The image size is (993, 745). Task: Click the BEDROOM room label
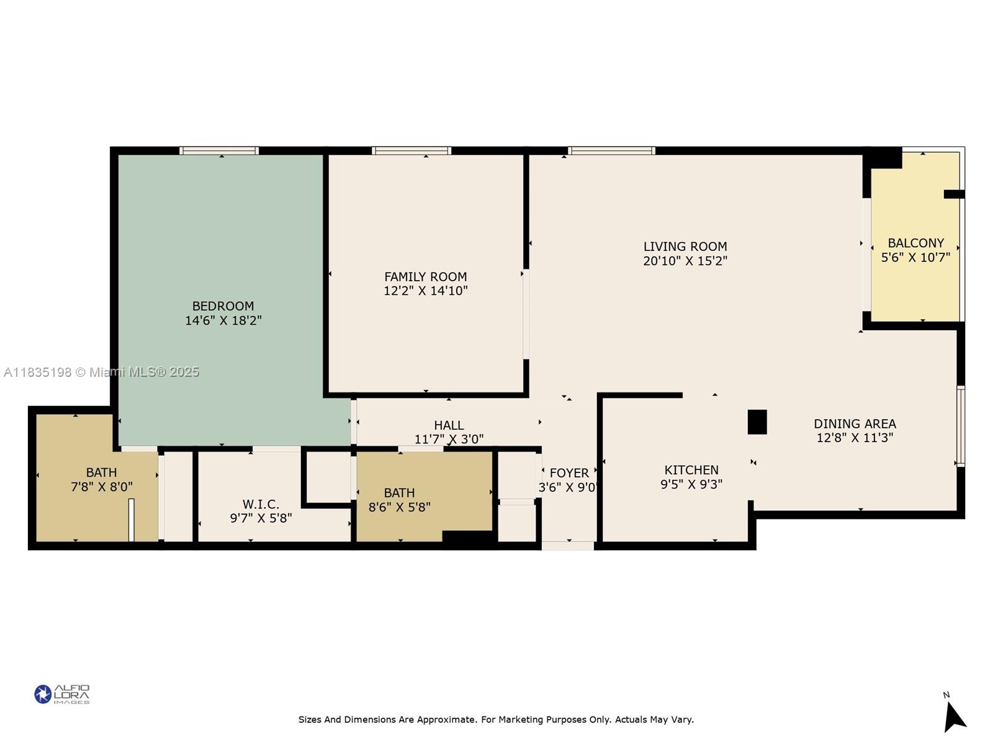click(x=223, y=306)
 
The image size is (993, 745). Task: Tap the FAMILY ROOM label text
click(x=425, y=277)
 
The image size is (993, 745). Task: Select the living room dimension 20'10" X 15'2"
click(x=685, y=261)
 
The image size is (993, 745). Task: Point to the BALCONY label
click(x=915, y=243)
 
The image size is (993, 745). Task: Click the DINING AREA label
click(x=855, y=424)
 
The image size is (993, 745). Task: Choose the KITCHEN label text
click(x=691, y=470)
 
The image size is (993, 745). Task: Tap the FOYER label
click(x=569, y=473)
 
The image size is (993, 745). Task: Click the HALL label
click(x=449, y=426)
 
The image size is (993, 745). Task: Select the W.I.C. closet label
click(x=261, y=504)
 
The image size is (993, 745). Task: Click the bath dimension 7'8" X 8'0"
click(x=101, y=487)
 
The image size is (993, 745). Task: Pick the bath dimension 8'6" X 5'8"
click(x=399, y=507)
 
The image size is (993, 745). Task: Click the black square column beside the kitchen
click(x=757, y=422)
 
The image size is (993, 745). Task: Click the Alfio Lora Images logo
click(x=62, y=694)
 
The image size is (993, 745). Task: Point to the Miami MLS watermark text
click(x=101, y=372)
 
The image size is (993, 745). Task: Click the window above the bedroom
click(x=219, y=151)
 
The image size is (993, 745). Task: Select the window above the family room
click(x=411, y=151)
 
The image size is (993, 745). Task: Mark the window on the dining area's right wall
click(x=960, y=426)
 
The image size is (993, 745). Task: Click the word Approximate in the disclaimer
click(x=447, y=720)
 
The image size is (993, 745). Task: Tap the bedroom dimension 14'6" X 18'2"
click(x=223, y=321)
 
